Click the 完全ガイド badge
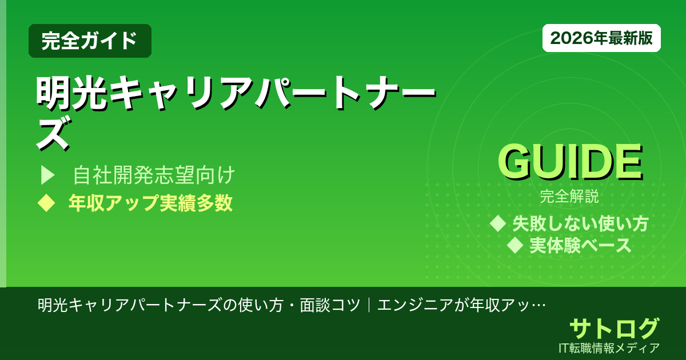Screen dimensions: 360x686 click(x=90, y=41)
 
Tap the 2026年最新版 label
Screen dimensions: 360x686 click(x=601, y=38)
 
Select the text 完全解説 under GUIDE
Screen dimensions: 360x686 click(x=569, y=198)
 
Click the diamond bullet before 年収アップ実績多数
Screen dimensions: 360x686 click(x=45, y=203)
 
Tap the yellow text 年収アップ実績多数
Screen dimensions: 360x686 click(x=150, y=203)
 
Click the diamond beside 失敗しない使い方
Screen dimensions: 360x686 click(x=498, y=223)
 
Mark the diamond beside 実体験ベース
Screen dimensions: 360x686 click(x=516, y=246)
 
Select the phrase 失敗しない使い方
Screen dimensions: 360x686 click(x=580, y=223)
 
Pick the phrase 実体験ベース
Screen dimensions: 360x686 click(x=580, y=246)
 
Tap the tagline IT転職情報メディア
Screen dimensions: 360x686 click(x=610, y=347)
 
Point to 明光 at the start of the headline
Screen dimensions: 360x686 click(x=72, y=93)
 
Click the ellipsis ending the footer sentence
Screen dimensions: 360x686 click(x=538, y=305)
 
